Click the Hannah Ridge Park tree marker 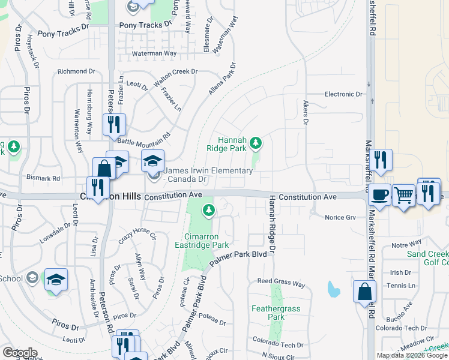click(x=256, y=143)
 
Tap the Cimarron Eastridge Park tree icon click(x=208, y=210)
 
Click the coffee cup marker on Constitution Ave click(x=379, y=194)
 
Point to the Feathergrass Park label click(x=276, y=313)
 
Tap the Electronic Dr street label click(x=343, y=94)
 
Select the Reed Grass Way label click(x=281, y=283)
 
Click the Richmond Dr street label click(x=76, y=71)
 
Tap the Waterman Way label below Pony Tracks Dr click(x=154, y=53)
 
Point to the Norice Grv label click(x=340, y=217)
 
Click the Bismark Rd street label click(x=44, y=178)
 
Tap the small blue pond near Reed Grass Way click(x=333, y=290)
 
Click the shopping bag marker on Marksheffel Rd click(x=364, y=292)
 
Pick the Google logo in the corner click(x=20, y=353)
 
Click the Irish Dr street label click(x=400, y=272)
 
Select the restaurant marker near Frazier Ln click(x=112, y=124)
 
